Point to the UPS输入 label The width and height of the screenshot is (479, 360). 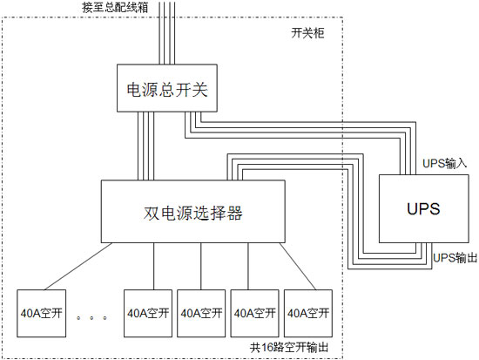[x=445, y=163]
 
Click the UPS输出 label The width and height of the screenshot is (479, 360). [x=455, y=258]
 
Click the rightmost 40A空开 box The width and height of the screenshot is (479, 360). [x=308, y=312]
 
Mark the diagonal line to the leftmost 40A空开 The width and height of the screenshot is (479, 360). [x=74, y=264]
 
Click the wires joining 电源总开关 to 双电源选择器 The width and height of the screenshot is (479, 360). [x=144, y=147]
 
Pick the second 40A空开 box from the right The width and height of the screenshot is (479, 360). [x=255, y=312]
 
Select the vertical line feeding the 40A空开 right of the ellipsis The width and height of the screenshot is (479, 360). [x=154, y=264]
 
